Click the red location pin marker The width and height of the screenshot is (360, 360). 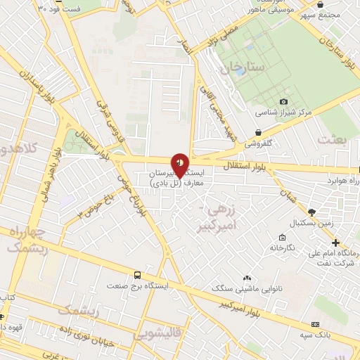[x=180, y=165]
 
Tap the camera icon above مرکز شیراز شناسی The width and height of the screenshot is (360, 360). [x=283, y=101]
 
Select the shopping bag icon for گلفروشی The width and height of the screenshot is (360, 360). [x=259, y=131]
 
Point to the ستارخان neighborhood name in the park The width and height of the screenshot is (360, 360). [x=240, y=69]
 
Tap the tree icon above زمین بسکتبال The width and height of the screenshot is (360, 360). [x=311, y=212]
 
